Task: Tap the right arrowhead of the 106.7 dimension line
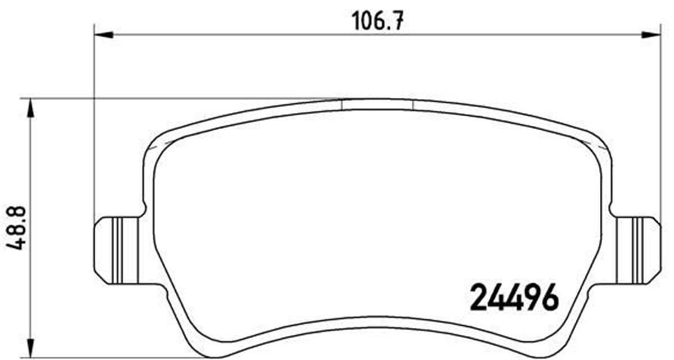(x=652, y=35)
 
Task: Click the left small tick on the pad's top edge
(x=342, y=105)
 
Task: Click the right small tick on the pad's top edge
(x=413, y=105)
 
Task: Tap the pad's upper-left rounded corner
(x=157, y=140)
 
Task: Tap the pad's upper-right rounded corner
(x=598, y=140)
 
